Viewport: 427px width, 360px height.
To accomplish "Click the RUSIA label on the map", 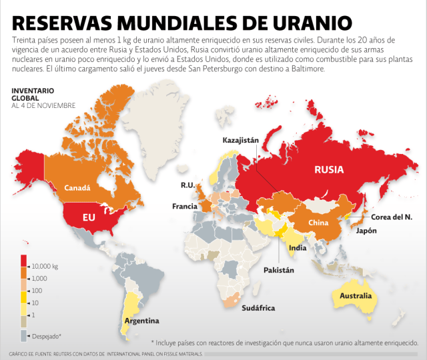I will (x=329, y=169).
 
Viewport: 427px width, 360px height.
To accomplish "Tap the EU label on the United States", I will (x=89, y=217).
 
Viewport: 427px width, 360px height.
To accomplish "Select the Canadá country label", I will (x=77, y=188).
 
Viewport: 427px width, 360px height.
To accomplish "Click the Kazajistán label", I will (x=245, y=140).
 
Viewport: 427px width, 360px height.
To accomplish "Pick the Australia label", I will (x=356, y=295).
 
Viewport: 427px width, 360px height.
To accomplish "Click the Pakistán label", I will (x=278, y=272).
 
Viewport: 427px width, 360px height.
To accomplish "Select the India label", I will (x=297, y=248).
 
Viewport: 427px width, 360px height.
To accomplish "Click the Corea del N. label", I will (x=392, y=216).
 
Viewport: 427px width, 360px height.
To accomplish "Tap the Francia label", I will (x=184, y=206).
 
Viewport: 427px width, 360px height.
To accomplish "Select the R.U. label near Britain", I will (x=187, y=185).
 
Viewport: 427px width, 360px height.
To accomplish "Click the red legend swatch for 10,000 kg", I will (x=24, y=260).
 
